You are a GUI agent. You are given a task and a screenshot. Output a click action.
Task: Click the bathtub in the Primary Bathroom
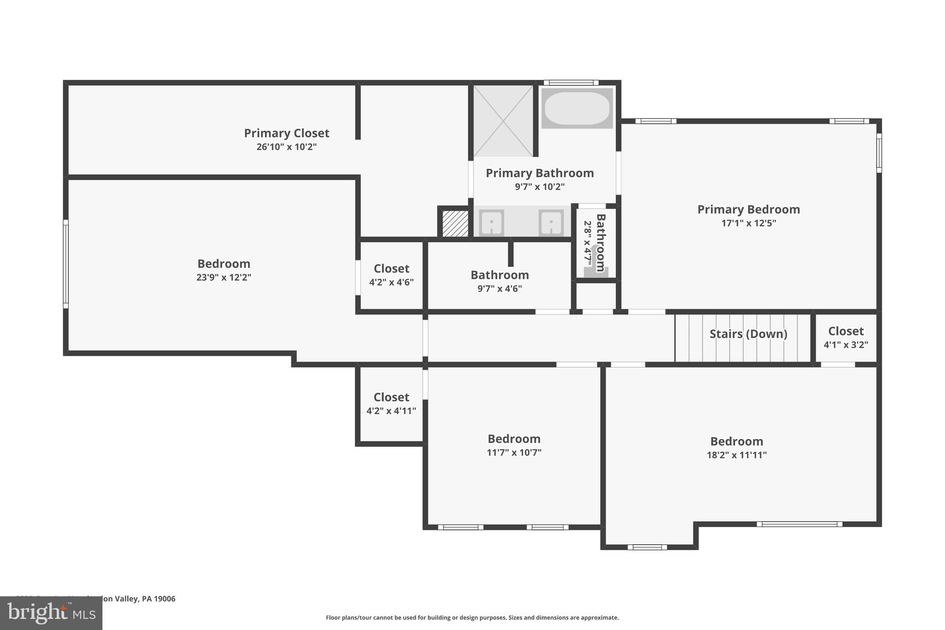pos(577,108)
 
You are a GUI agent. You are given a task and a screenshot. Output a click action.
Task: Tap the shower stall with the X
pos(503,121)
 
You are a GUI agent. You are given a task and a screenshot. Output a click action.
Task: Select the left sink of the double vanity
pos(491,223)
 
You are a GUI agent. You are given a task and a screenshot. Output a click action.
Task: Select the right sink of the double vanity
pos(551,223)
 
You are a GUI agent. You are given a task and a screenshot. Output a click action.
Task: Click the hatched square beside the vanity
pos(455,223)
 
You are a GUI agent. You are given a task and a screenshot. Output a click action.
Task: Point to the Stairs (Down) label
pos(748,334)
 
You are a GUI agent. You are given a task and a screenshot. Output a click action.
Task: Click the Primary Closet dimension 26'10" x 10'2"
pos(287,147)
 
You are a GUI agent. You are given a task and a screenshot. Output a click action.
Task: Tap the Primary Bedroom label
pos(748,210)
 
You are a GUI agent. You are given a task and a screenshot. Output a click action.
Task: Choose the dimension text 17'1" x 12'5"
pos(748,223)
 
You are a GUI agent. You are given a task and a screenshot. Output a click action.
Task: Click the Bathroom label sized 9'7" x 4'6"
pos(500,275)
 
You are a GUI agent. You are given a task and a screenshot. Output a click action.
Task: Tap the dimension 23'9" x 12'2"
pos(224,277)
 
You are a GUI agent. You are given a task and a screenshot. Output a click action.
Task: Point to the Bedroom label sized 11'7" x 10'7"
pos(514,439)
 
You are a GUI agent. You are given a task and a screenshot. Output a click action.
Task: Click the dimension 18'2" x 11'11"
pos(736,455)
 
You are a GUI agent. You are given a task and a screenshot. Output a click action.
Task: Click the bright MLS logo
pos(51,613)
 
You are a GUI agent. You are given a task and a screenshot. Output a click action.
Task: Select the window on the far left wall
pos(66,264)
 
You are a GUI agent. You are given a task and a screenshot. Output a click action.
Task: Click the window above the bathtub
pos(571,83)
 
